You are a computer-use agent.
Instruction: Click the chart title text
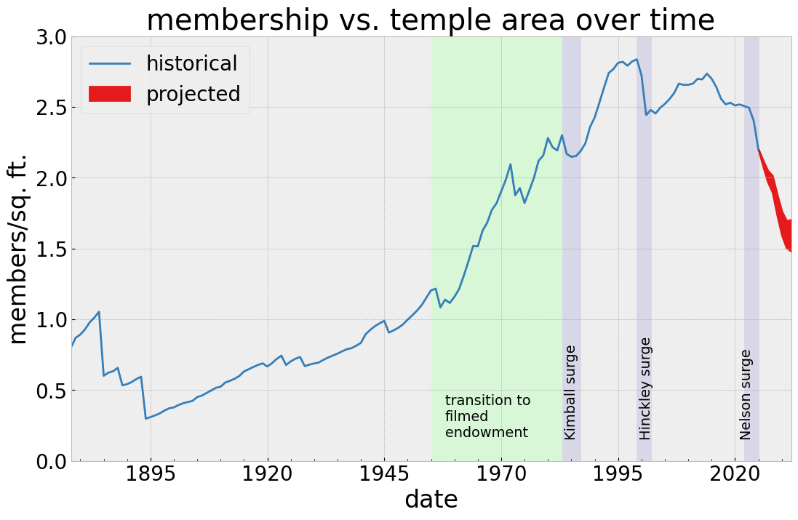tap(430, 20)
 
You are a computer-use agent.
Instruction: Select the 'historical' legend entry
tap(191, 64)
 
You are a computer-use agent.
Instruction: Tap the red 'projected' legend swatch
tap(109, 94)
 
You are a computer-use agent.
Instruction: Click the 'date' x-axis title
tap(431, 500)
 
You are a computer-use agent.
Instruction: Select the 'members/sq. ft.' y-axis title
tap(18, 249)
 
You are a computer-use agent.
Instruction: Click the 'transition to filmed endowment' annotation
tap(487, 417)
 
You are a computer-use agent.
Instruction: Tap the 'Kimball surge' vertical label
tap(570, 392)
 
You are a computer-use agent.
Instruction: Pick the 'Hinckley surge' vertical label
tap(645, 388)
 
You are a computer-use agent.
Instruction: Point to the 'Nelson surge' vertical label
tap(746, 394)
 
